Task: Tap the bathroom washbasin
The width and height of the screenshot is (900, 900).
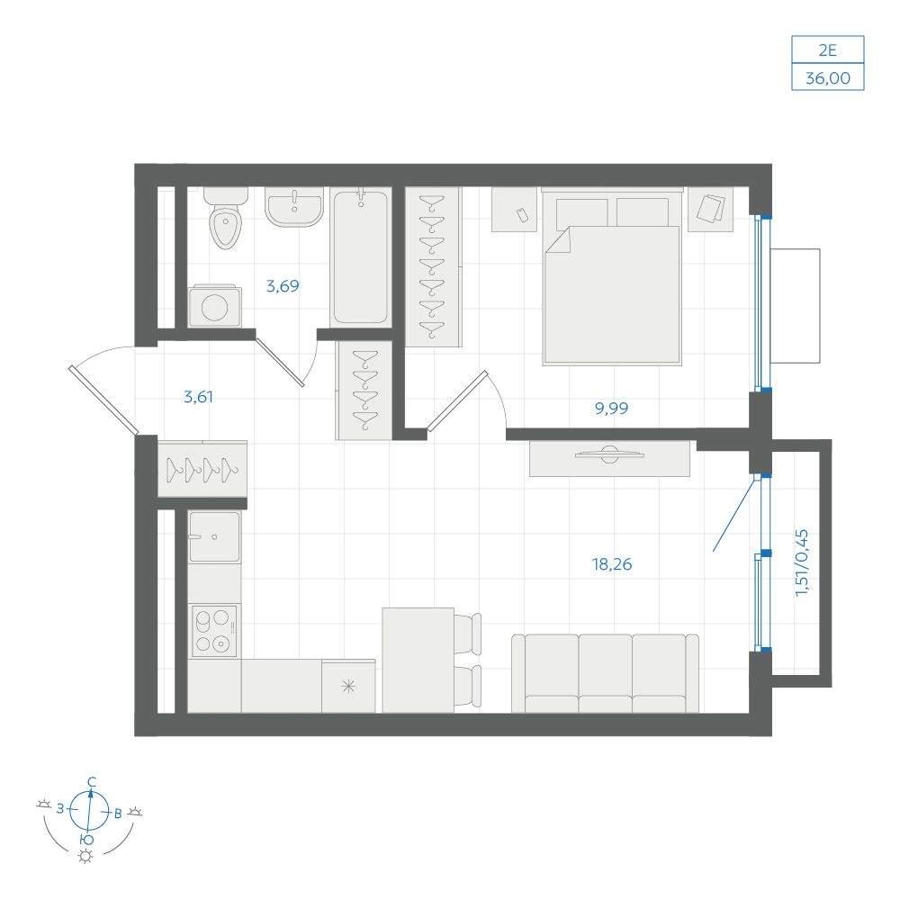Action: tap(294, 206)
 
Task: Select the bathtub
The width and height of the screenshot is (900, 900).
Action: tap(361, 257)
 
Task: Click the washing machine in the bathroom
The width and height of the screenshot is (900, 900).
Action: tap(215, 306)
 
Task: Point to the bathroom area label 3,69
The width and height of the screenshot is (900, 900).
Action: tap(283, 285)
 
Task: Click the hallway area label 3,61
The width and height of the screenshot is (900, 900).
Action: tap(199, 397)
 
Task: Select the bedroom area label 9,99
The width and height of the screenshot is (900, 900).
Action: tap(611, 408)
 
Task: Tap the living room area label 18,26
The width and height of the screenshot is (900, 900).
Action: tap(612, 564)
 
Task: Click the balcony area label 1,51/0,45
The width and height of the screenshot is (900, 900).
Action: tap(802, 562)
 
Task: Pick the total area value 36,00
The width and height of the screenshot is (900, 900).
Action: tap(828, 77)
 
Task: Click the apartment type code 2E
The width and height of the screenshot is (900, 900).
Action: tap(827, 50)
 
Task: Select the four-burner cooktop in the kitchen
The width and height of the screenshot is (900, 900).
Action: tap(215, 631)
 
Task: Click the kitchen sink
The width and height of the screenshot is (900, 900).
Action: tap(215, 537)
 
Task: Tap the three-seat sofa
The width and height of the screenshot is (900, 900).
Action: tap(605, 672)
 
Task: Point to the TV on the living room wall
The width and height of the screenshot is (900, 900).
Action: tap(609, 454)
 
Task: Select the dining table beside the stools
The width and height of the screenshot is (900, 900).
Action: tap(418, 660)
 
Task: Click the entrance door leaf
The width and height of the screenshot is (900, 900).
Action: tap(103, 400)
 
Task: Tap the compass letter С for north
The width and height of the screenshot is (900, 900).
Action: tap(91, 781)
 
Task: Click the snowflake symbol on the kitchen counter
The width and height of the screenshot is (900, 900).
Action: tap(348, 685)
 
